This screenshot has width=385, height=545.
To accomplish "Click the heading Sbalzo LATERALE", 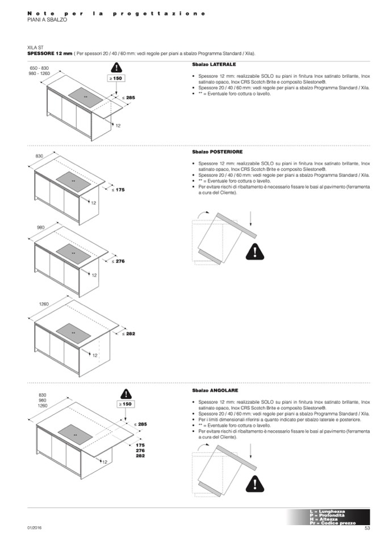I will coord(210,65).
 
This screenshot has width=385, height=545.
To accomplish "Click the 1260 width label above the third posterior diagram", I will coord(44,305).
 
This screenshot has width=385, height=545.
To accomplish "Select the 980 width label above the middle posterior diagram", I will coord(40,227).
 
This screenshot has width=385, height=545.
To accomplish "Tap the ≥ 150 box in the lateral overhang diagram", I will coord(116,78).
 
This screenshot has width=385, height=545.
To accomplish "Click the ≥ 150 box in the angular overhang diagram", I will coord(125,404).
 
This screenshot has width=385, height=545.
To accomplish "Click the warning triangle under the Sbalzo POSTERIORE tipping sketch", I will coord(255,251).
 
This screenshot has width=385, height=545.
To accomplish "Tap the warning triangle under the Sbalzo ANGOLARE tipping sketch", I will coord(256,483).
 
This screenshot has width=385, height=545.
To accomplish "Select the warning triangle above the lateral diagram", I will coord(116,67).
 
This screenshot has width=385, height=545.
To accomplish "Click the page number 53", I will coord(367,529).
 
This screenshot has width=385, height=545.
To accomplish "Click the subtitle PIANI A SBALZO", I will coord(47,20).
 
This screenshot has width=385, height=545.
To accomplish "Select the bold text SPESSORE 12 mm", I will coord(50,53).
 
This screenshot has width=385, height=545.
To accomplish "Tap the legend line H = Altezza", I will coord(324,519).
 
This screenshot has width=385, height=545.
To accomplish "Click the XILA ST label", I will coord(35,47).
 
